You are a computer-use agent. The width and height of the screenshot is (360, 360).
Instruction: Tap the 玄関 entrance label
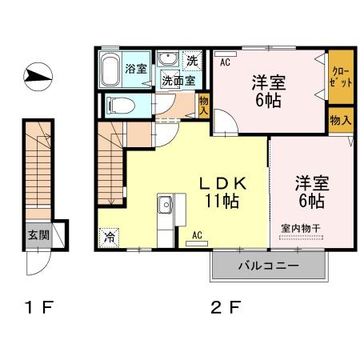coord(38,234)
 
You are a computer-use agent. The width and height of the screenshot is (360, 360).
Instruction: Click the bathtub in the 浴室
coord(111,70)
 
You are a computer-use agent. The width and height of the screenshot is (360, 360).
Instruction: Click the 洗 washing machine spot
coord(192,61)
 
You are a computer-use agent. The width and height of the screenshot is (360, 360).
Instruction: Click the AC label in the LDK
coord(198,235)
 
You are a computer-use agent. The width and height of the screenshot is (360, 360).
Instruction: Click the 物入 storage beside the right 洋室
coord(339,120)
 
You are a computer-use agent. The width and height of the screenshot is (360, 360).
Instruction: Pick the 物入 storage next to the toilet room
coord(204,106)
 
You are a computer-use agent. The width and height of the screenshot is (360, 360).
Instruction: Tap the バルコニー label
coord(268,266)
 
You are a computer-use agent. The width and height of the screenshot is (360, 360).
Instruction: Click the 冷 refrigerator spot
coord(109,238)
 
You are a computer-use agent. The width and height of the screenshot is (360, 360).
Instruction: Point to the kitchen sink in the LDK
coord(166,205)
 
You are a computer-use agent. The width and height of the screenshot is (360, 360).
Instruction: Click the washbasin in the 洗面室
coord(168,60)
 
